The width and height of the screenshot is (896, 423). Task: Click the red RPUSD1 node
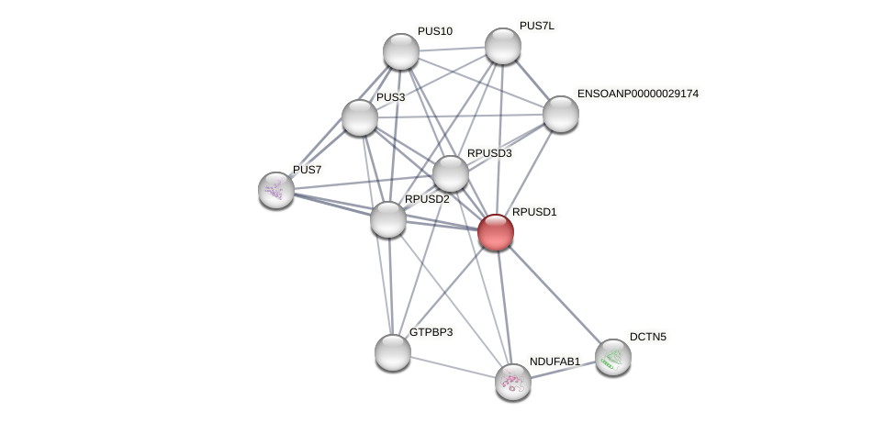click(x=495, y=232)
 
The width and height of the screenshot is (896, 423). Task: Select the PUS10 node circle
click(x=400, y=51)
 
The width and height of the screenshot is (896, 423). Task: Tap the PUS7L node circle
click(x=502, y=46)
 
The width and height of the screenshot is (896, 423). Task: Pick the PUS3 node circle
click(x=359, y=117)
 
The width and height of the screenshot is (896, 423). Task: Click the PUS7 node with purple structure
click(x=275, y=190)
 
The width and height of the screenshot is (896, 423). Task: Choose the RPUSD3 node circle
click(x=450, y=173)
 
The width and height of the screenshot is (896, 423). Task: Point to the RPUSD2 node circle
click(x=388, y=219)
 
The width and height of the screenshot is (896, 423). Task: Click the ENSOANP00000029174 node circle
click(x=560, y=114)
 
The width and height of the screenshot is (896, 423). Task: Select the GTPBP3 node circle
click(x=392, y=352)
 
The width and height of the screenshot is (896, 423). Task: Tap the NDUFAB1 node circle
click(x=512, y=381)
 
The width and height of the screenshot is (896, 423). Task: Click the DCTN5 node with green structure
click(x=612, y=357)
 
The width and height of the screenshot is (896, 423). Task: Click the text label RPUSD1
click(x=534, y=212)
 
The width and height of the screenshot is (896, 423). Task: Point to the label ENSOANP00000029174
click(x=637, y=94)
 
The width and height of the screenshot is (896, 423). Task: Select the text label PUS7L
click(x=537, y=26)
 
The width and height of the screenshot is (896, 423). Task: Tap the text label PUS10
click(x=434, y=31)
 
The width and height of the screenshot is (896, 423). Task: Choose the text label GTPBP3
click(x=431, y=332)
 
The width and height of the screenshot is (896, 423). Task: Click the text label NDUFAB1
click(x=554, y=362)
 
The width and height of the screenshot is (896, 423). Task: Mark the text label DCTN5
click(x=648, y=337)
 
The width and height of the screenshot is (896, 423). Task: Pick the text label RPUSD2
click(x=427, y=199)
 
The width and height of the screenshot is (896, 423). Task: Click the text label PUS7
click(x=308, y=170)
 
